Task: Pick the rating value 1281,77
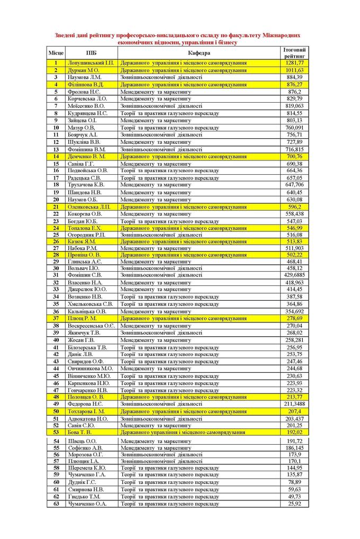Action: coord(294,63)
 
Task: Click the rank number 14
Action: coord(56,157)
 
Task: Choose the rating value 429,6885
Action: coord(294,275)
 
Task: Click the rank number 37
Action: coord(56,319)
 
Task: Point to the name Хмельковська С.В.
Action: coord(90,304)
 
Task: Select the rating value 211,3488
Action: coord(294,404)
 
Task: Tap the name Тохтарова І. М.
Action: coord(86,411)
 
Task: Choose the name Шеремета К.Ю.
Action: coord(87,468)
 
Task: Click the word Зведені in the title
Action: coord(67,35)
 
